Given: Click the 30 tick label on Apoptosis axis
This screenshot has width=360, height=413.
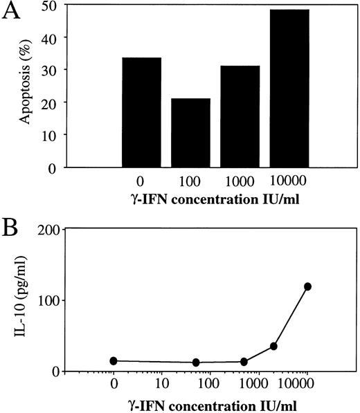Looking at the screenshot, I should pos(55,70).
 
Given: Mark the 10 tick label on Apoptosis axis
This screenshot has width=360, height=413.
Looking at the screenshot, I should pos(55,135).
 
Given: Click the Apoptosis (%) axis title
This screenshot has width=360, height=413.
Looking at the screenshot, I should pos(26,87).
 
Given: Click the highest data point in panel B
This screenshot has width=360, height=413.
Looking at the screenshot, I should pos(307,286).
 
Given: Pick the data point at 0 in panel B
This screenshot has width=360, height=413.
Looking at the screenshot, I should pos(114,360).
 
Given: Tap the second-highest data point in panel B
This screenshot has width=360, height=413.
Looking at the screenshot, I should pos(273,346).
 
